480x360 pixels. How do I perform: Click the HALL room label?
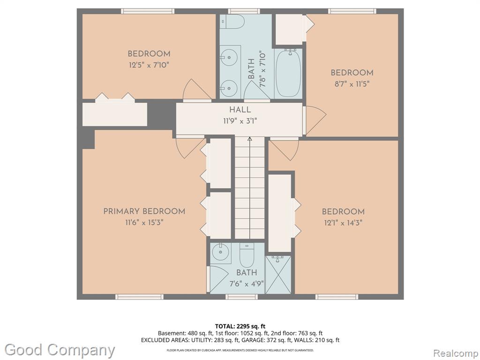(x=240, y=110)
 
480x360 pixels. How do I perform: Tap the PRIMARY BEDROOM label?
(x=144, y=211)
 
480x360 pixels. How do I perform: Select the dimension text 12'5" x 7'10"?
(x=149, y=65)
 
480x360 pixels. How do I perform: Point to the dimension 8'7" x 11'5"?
(x=352, y=84)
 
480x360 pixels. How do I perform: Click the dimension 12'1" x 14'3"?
(x=343, y=223)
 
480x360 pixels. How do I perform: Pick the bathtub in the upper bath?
(x=288, y=74)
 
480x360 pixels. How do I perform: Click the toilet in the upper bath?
(x=232, y=22)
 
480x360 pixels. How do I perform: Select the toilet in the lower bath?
(x=247, y=255)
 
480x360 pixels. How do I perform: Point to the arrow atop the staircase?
(x=249, y=139)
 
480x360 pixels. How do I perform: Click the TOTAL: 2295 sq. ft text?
(x=240, y=326)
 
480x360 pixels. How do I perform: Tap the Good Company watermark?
(x=60, y=350)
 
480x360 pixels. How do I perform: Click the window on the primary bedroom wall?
(x=139, y=297)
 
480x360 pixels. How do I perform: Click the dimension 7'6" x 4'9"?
(x=247, y=284)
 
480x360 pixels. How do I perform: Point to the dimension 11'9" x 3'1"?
(x=240, y=121)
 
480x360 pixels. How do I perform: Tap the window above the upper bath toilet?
(x=244, y=11)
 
